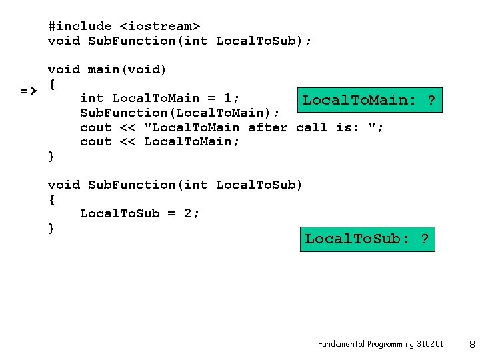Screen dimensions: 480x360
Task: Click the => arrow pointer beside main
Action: [28, 90]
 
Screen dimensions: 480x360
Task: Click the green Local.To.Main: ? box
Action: [369, 101]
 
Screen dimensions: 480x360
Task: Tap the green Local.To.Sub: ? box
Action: [367, 238]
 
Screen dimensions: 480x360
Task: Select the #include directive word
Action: [80, 26]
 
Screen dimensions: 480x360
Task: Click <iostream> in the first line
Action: [159, 26]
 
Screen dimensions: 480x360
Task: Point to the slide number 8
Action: [471, 345]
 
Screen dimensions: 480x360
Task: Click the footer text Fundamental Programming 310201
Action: [380, 344]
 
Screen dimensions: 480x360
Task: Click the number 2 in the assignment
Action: [187, 213]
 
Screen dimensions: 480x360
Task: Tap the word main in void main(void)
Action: [104, 69]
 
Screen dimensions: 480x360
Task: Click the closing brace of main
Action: [51, 157]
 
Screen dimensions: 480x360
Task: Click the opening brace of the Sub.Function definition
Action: [51, 199]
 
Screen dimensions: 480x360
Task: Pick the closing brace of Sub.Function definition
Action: [51, 229]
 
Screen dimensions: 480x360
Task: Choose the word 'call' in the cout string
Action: [311, 127]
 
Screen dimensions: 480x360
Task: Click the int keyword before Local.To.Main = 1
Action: [92, 99]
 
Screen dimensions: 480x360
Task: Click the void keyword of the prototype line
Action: [63, 41]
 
